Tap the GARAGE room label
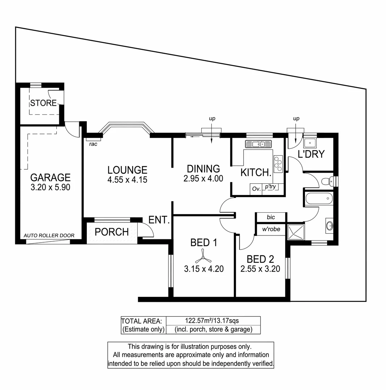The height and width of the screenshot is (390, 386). pos(50,178)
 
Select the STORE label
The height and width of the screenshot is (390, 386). pos(43,103)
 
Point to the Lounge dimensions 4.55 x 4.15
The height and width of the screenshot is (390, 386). pos(127,179)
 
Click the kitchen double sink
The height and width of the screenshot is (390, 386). pos(256,144)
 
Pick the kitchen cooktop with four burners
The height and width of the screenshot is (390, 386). pos(278,163)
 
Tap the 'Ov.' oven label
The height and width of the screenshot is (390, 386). pos(256,188)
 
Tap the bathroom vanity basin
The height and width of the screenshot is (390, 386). pos(330,226)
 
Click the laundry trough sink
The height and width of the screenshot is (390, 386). pos(310,143)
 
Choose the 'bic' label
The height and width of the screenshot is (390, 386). pos(271,217)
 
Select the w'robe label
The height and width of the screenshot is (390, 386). pos(271,229)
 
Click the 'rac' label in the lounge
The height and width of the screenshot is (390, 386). pos(93,144)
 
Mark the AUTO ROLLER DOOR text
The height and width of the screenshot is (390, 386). pos(49,235)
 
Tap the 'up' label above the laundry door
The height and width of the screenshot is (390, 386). pos(296,118)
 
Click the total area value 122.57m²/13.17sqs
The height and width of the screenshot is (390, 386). pos(213,320)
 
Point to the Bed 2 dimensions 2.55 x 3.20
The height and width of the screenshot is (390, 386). pos(260,269)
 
